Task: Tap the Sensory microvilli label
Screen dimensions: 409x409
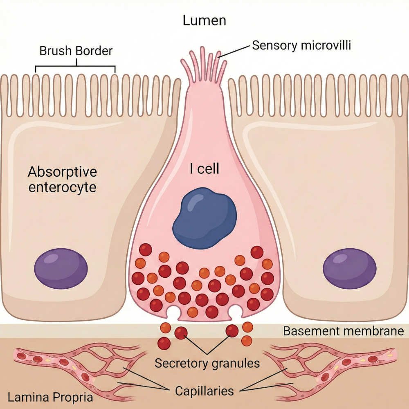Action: pos(301,45)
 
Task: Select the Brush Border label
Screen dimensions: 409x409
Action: pos(76,52)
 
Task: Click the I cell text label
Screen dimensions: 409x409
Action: pos(204,169)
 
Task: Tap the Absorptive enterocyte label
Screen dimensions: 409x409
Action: pos(62,179)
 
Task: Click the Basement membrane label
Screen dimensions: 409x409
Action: pos(343,330)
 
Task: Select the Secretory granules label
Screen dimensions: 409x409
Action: pos(207,363)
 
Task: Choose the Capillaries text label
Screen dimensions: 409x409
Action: pos(204,391)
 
